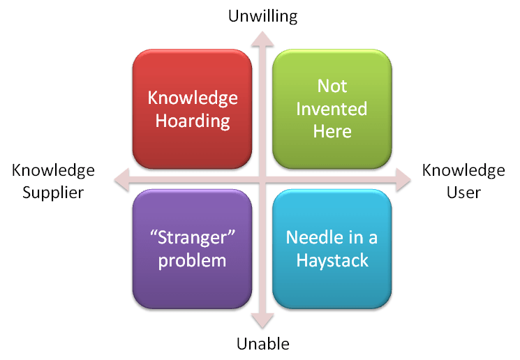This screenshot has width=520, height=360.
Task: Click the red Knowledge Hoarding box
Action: pyautogui.click(x=192, y=109)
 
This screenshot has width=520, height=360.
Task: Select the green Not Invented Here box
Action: pyautogui.click(x=332, y=109)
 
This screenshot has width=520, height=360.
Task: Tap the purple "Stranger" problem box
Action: pyautogui.click(x=192, y=248)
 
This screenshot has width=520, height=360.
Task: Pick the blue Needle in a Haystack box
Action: pyautogui.click(x=332, y=248)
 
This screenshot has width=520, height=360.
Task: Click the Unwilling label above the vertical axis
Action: pyautogui.click(x=263, y=16)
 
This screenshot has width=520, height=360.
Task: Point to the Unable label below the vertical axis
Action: pyautogui.click(x=262, y=343)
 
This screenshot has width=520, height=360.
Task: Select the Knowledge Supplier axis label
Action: pyautogui.click(x=53, y=181)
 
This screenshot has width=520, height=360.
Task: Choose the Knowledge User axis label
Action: pyautogui.click(x=463, y=181)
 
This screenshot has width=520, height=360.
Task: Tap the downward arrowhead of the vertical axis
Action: pyautogui.click(x=263, y=320)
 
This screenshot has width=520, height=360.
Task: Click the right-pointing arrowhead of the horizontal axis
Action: pyautogui.click(x=404, y=179)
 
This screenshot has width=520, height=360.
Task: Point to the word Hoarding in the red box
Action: pyautogui.click(x=193, y=121)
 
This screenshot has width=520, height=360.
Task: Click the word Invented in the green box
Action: pyautogui.click(x=332, y=109)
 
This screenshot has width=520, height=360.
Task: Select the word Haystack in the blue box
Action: pyautogui.click(x=332, y=261)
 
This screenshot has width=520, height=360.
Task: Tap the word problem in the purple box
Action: pyautogui.click(x=193, y=261)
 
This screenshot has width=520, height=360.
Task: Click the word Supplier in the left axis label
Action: pyautogui.click(x=53, y=193)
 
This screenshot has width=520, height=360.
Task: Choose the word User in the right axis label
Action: pyautogui.click(x=463, y=193)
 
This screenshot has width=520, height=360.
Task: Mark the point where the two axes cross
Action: pyautogui.click(x=263, y=179)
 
